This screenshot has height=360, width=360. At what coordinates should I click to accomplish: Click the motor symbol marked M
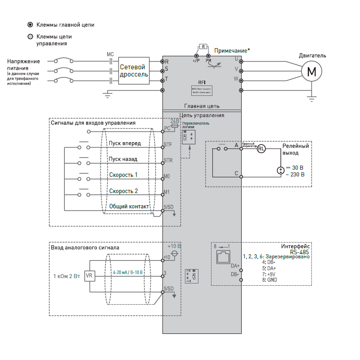[x=312, y=71]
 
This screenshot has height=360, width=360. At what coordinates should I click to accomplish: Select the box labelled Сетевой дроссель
[x=134, y=71]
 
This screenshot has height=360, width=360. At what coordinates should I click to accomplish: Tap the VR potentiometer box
[x=90, y=275]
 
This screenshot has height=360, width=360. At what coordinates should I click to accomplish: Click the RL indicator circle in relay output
[x=262, y=149]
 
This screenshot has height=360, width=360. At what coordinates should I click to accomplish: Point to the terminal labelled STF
[x=162, y=148]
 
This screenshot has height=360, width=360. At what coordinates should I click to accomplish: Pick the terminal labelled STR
[x=162, y=163]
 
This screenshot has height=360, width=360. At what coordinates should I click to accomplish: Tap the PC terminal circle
[x=162, y=131]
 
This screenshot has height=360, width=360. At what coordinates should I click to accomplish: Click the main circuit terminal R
[x=162, y=61]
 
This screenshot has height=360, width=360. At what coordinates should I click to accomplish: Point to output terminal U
[x=242, y=61]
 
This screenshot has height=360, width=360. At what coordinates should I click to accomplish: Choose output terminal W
[x=242, y=80]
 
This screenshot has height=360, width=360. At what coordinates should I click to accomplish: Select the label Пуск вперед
[x=125, y=144]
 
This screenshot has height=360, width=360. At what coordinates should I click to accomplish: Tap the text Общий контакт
[x=129, y=206]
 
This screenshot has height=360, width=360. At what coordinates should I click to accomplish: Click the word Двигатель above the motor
[x=312, y=56]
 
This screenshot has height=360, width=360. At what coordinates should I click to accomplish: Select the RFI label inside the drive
[x=202, y=82]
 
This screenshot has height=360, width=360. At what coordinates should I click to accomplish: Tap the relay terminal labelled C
[x=241, y=177]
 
